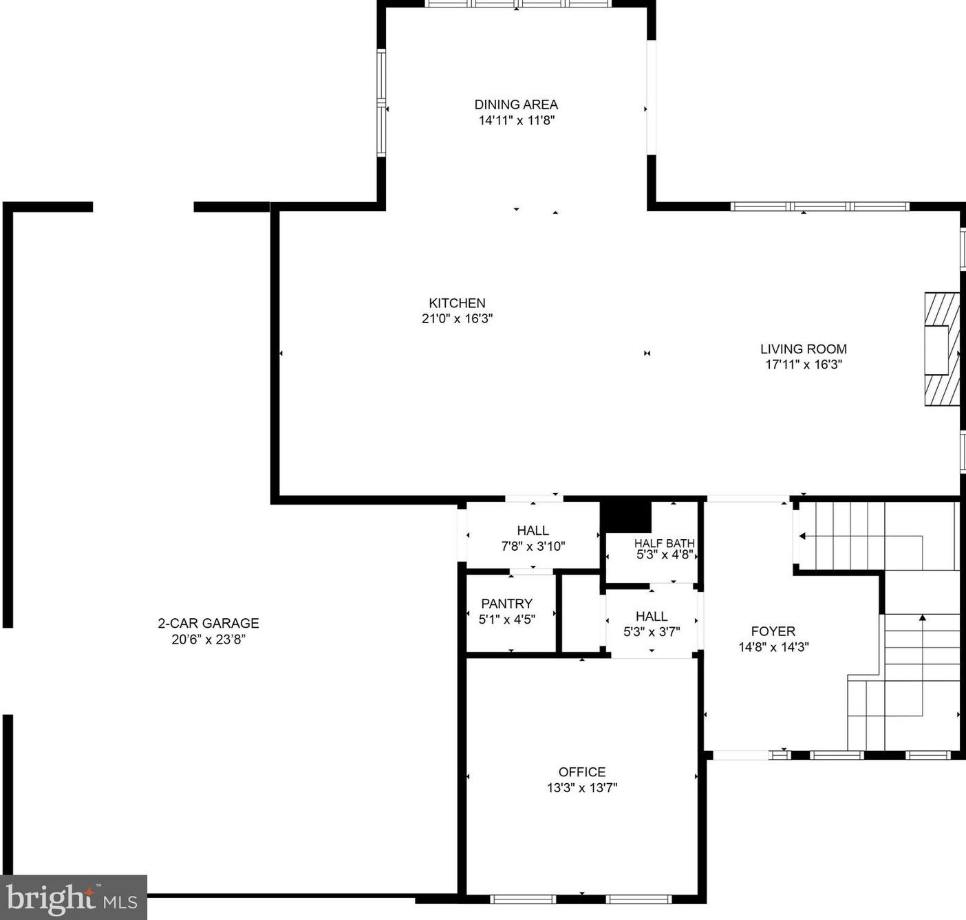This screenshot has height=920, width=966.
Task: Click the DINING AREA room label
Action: coord(516,105)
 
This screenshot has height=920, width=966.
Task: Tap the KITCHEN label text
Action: coord(457,303)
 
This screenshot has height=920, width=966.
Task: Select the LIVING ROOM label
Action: coord(803,349)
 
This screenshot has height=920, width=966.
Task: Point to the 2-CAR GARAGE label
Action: coord(208,623)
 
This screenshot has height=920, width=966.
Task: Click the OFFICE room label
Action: coord(582,771)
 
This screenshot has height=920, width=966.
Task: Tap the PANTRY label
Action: coord(506,603)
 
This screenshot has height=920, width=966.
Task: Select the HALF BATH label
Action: coord(664,543)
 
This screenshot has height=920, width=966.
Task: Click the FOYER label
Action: coord(773,631)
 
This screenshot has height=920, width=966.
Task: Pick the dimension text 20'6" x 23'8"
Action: coord(208,639)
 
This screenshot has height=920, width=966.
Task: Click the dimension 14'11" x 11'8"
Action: coord(516,120)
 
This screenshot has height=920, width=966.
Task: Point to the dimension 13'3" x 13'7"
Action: coord(582,788)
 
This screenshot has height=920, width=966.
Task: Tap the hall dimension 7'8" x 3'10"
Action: coord(533,547)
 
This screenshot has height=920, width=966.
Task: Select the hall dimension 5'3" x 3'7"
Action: coord(651,632)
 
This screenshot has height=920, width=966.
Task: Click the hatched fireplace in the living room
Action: coord(941,349)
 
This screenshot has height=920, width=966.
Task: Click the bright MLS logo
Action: coord(73,897)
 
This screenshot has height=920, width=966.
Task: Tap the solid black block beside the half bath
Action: coord(625,516)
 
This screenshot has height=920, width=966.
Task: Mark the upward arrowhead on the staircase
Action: coord(922,617)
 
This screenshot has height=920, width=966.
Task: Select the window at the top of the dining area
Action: coord(518,3)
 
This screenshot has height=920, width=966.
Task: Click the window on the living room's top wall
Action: coord(819,206)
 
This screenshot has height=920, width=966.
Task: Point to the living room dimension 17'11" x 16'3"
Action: coord(803,364)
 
